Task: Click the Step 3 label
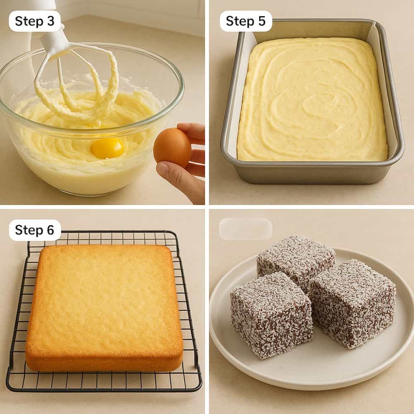pos(35,21)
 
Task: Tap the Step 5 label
pos(246,21)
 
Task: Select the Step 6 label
pos(35,230)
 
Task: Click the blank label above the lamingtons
pos(246,229)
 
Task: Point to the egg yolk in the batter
pos(107,148)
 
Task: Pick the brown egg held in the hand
pos(172,147)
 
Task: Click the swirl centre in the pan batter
pos(319,103)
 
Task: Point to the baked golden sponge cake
pos(103,306)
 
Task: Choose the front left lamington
pos(271,315)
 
